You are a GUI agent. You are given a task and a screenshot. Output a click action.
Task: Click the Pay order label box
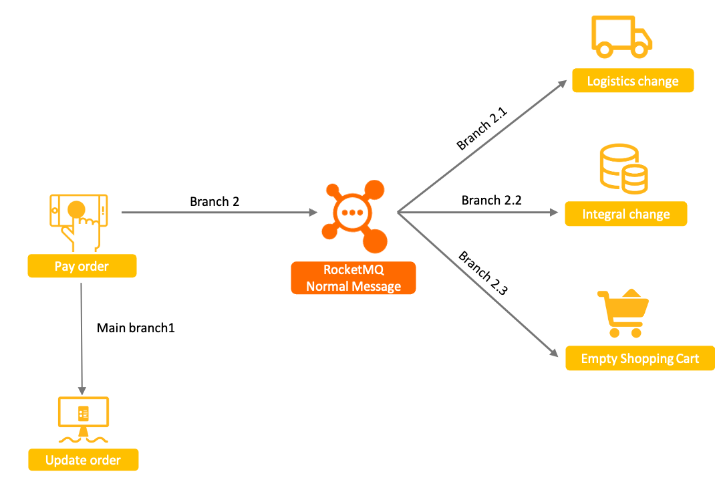(82, 266)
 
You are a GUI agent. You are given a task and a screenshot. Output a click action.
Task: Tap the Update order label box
(83, 460)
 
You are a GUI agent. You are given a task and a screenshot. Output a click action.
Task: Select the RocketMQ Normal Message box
(353, 278)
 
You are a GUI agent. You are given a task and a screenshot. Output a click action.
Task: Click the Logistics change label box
(632, 81)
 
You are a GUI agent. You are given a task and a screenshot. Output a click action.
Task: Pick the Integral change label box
(625, 215)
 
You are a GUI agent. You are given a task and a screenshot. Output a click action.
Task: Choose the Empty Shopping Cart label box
(639, 358)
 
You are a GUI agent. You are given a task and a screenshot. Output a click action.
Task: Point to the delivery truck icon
(621, 37)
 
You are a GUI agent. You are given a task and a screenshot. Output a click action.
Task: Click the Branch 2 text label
(214, 201)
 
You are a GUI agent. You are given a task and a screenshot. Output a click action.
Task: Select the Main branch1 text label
(136, 328)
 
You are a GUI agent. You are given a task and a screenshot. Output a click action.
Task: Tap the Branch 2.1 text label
(482, 128)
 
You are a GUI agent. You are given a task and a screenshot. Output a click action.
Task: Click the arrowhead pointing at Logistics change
(563, 83)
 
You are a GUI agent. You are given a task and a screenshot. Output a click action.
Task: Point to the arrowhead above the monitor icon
(82, 390)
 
